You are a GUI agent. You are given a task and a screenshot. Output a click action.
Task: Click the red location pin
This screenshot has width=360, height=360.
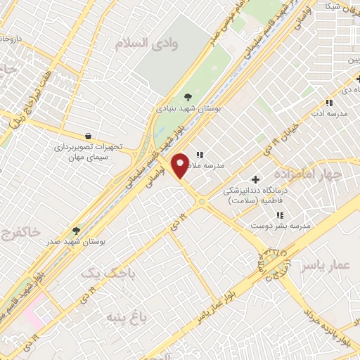[181, 165]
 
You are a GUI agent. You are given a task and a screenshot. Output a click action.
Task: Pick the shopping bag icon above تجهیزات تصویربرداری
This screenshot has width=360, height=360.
[87, 136]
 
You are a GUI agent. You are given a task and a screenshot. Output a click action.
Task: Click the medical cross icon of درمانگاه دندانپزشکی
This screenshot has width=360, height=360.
[255, 179]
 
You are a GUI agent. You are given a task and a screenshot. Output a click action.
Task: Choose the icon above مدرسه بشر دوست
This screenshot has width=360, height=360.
[279, 215]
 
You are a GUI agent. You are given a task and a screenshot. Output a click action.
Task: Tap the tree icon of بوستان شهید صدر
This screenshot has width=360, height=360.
[76, 230]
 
